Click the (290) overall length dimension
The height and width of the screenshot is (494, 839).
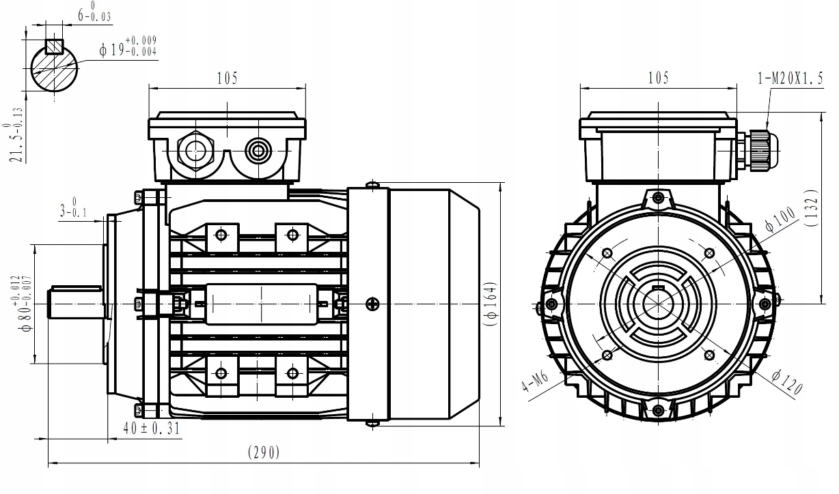pos(264,452)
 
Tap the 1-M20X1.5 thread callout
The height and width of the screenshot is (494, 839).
pos(790,78)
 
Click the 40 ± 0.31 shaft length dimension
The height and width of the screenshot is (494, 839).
pos(152,428)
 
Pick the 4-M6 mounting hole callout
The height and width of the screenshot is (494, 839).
pos(535,381)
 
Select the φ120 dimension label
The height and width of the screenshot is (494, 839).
pos(787,381)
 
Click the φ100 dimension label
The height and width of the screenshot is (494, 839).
pos(780,220)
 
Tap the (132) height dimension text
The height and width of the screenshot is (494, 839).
pos(811,208)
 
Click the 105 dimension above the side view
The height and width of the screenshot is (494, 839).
pos(228,78)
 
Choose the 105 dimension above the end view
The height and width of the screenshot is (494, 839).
pos(659,78)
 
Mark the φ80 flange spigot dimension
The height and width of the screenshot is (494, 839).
pos(22,304)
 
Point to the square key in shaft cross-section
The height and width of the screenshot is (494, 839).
pos(54,46)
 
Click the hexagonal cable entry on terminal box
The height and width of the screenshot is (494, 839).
pos(195,151)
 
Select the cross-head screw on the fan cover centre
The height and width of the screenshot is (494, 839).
pos(372,304)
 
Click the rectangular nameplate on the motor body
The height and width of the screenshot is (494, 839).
pos(262,304)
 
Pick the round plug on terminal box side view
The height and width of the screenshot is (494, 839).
pos(258,151)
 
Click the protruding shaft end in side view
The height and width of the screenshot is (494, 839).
pos(75,302)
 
